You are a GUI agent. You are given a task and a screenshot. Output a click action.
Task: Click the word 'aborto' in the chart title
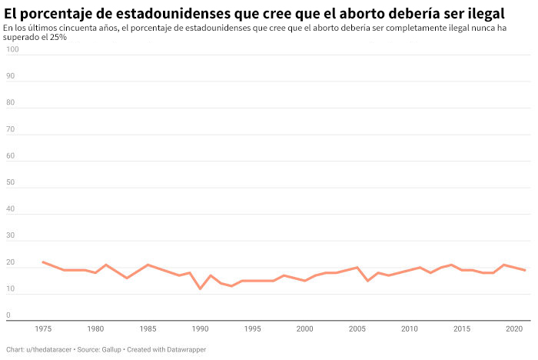[363, 14]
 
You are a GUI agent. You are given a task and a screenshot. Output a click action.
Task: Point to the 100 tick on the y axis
[12, 49]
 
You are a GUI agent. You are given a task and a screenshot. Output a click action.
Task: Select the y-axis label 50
[10, 182]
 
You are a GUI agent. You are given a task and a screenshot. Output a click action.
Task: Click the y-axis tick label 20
[10, 262]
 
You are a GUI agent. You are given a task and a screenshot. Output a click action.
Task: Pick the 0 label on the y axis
[8, 315]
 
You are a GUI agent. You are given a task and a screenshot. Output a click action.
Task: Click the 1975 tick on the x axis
[43, 328]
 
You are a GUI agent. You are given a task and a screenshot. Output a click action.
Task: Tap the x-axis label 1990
[200, 328]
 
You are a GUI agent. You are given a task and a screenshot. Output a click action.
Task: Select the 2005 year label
[357, 328]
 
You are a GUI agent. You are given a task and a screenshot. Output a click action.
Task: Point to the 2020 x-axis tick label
[514, 328]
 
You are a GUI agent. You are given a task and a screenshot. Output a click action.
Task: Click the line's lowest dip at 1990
[200, 288]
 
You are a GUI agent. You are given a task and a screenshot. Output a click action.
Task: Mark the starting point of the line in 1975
[43, 262]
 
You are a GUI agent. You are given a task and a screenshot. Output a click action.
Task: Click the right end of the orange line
[525, 270]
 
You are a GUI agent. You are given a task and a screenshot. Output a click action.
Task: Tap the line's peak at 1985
[148, 265]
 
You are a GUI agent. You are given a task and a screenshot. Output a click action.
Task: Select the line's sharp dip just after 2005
[367, 281]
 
